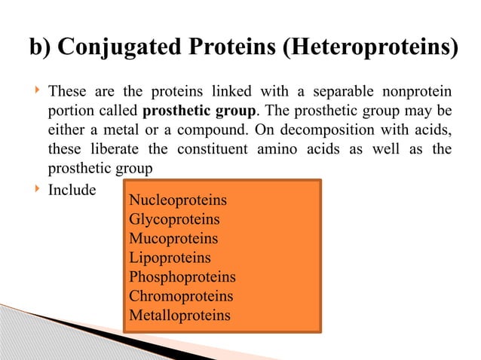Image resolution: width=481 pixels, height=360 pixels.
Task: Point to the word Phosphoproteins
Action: coord(182,277)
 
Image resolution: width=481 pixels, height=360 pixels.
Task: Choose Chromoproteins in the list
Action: coord(181,296)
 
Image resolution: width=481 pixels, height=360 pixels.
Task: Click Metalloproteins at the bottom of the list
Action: coord(179,315)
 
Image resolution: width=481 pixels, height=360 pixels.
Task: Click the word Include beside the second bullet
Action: coord(72,190)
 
